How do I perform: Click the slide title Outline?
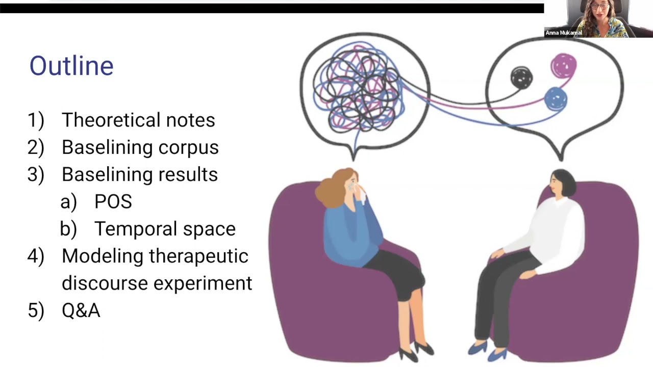coord(71,66)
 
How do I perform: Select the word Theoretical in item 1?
coord(111,120)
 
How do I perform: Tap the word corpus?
coord(188,148)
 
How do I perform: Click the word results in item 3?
coord(188,174)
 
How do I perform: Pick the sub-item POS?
coord(113,201)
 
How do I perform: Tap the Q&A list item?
coord(81,310)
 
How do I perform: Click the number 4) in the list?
coord(36,256)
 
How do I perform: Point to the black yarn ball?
coord(521,78)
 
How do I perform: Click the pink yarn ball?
coord(564,66)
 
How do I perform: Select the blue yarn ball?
coord(556,99)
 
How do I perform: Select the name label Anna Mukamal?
coord(564,33)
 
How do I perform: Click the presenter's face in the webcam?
coord(598,9)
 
